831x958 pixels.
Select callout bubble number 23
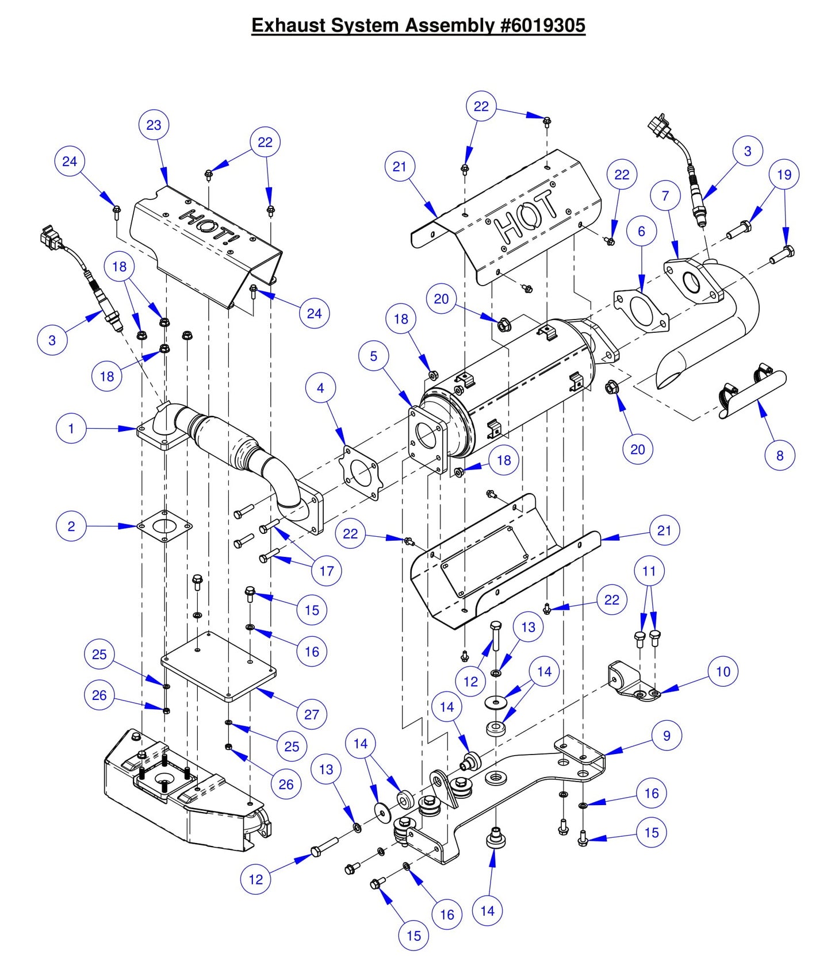(x=154, y=125)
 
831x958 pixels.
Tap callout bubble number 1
(x=71, y=429)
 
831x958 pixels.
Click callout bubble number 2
(x=71, y=526)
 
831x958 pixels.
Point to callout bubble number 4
(x=321, y=388)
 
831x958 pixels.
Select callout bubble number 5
(x=374, y=356)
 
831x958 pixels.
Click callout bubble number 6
(x=642, y=231)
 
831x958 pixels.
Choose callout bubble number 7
(x=665, y=196)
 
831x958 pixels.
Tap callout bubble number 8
(x=780, y=456)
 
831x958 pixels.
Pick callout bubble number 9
(x=667, y=736)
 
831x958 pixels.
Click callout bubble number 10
(x=723, y=671)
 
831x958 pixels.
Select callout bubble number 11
(x=649, y=571)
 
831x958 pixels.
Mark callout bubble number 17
(x=327, y=571)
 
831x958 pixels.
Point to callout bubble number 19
(x=784, y=175)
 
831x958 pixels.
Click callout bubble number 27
(x=312, y=715)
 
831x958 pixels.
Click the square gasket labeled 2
(x=165, y=526)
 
